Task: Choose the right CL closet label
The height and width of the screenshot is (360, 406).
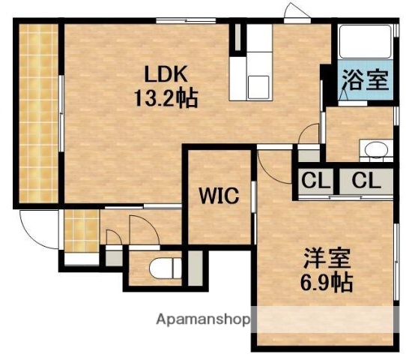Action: tap(366, 181)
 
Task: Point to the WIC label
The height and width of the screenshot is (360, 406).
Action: tap(219, 196)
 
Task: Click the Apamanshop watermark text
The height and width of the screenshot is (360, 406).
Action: tap(202, 319)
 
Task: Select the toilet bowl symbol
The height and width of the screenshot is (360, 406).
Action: tap(160, 268)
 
